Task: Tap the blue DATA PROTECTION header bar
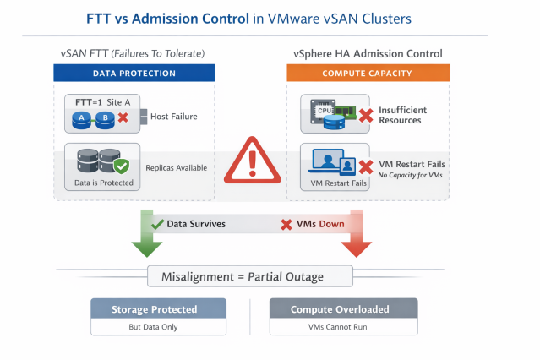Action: coord(134,73)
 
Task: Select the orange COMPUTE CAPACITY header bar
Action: coord(368,73)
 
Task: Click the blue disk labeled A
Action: coord(82,119)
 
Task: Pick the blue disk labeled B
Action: coord(105,119)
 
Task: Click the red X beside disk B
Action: coord(123,117)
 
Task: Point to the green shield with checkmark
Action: coord(122,166)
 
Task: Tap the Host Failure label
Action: coord(174,117)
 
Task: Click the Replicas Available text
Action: coord(177,168)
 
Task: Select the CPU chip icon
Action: coord(323,111)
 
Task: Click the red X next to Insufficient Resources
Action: coord(366,116)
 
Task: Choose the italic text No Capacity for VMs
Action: coord(410,175)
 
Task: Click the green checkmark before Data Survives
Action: coord(157,224)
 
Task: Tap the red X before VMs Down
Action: coord(286,225)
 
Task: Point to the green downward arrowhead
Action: coord(147,248)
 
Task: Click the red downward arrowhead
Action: coord(356,248)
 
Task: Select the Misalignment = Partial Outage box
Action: coord(250,276)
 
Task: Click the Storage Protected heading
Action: coord(155,309)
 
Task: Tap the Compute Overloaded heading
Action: coord(340,309)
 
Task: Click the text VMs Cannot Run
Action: coord(337,326)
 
